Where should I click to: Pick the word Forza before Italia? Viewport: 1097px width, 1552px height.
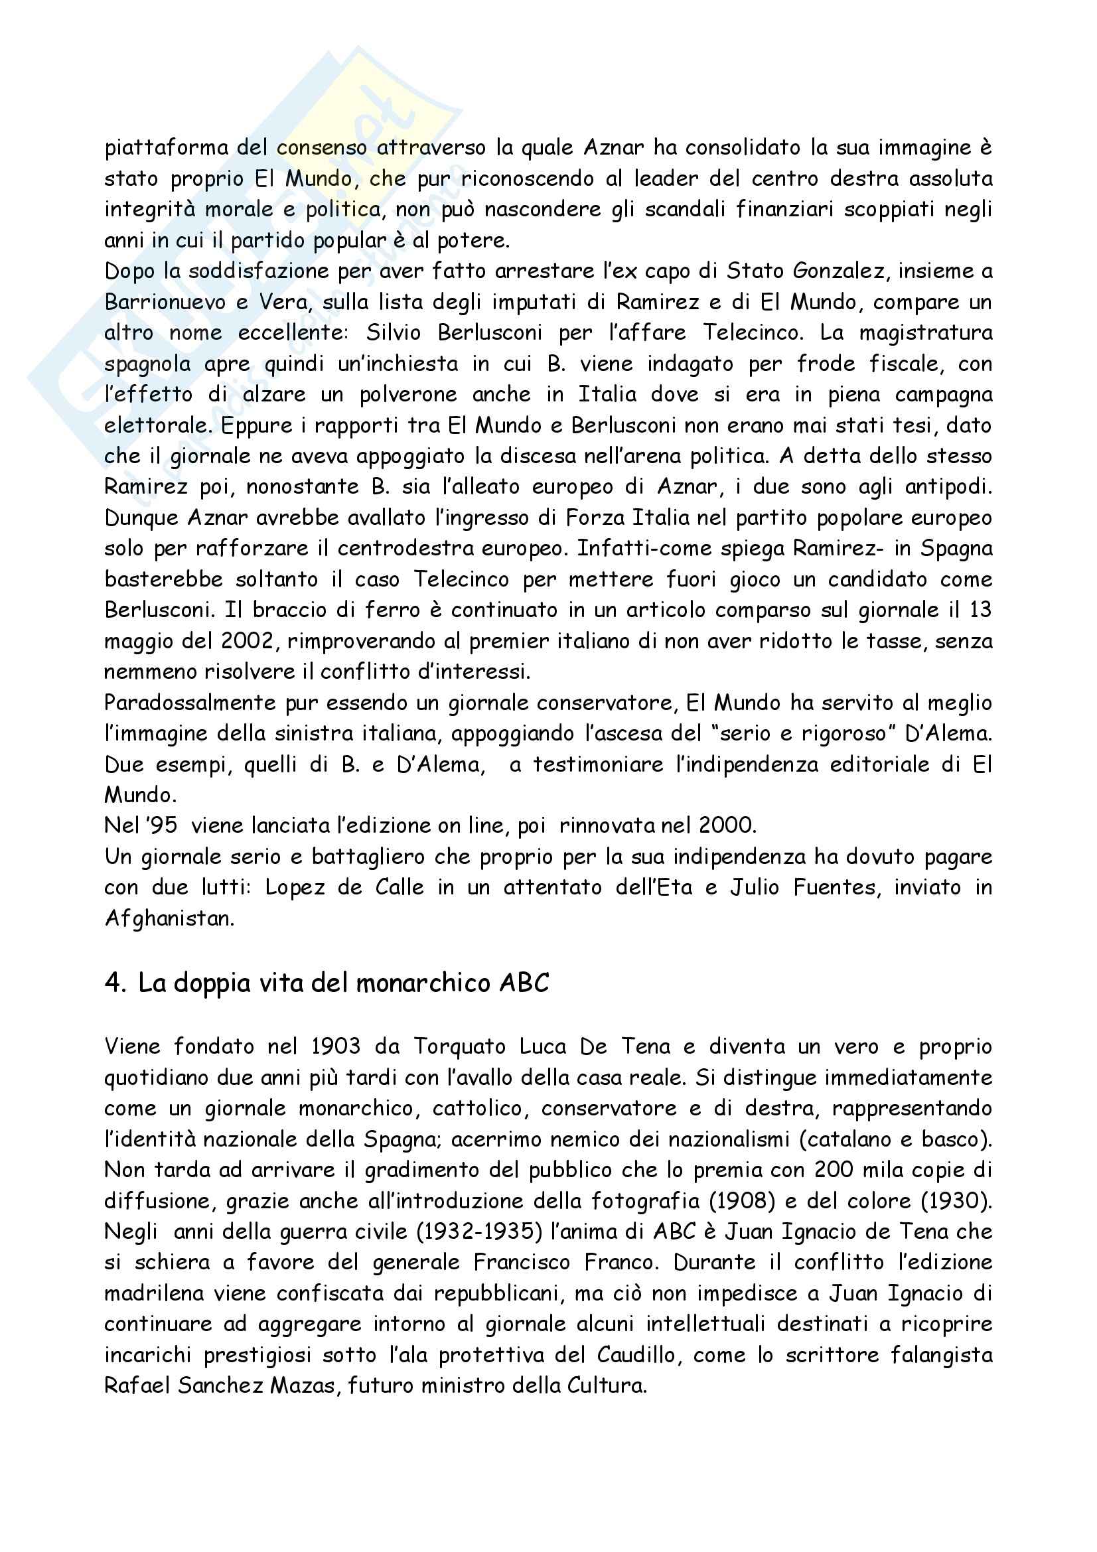coord(593,518)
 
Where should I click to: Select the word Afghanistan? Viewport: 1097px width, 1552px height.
coord(169,918)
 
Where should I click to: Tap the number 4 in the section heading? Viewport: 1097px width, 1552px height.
coord(113,983)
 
